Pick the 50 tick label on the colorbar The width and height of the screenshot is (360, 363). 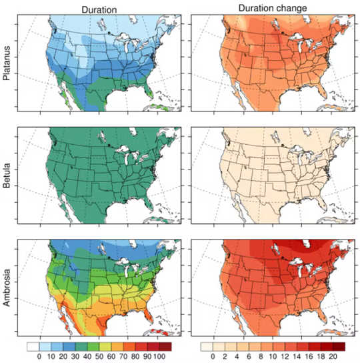coord(94,357)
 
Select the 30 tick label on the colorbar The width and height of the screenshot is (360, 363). coord(69,357)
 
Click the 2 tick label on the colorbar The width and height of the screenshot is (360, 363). coord(227,357)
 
